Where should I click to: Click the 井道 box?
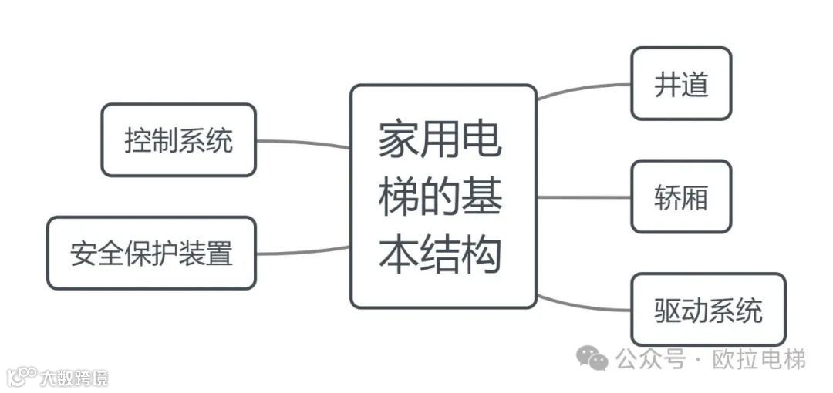[680, 84]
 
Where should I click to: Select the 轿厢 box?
[680, 196]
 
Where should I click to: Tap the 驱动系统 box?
[708, 309]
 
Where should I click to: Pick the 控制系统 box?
[178, 140]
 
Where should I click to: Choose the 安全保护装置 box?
[151, 253]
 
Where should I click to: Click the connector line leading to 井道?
[583, 88]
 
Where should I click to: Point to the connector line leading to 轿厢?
[583, 196]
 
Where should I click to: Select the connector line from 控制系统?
[303, 143]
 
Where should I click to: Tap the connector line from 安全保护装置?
[303, 251]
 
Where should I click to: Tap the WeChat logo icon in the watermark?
[593, 358]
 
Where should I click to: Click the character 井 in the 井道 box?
[666, 85]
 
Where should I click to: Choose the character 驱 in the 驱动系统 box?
[667, 310]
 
